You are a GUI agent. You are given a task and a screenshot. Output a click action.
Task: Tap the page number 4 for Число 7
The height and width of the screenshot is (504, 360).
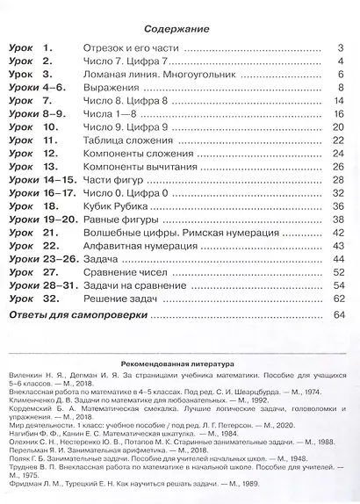(339, 62)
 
